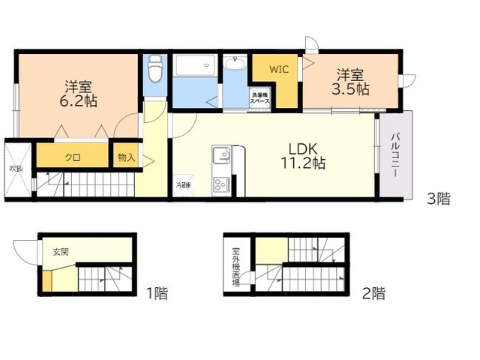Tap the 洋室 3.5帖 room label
[351, 82]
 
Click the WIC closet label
[280, 69]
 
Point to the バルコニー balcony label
[394, 156]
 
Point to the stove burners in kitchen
[222, 183]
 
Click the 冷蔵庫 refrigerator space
[184, 184]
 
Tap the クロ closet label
[73, 157]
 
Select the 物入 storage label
[126, 157]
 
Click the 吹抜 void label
[16, 168]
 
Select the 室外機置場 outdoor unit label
[236, 266]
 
